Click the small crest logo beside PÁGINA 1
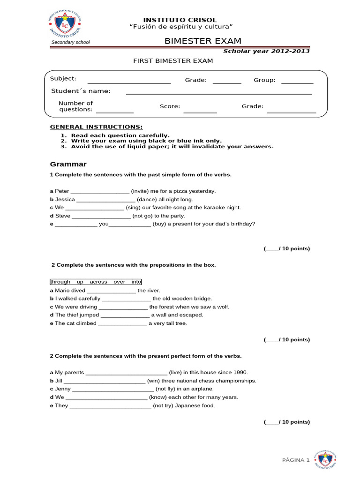click(326, 460)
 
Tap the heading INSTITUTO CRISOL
click(180, 20)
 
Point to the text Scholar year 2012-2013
click(266, 51)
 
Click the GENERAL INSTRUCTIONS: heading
click(97, 127)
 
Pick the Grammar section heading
click(68, 164)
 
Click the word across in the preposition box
click(99, 282)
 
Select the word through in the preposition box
click(60, 282)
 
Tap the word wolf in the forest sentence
click(223, 307)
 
